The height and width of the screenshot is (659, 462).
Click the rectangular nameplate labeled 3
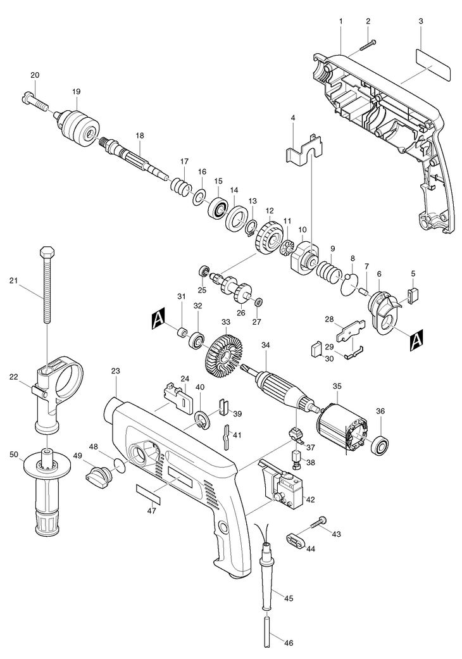[x=433, y=63]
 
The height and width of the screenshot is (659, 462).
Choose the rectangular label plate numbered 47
[x=149, y=493]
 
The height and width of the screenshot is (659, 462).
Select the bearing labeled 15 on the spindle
[x=218, y=208]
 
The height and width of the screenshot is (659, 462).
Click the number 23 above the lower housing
[x=116, y=371]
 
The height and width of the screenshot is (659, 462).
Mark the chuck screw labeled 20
[x=34, y=100]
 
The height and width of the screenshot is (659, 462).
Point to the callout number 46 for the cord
[x=288, y=643]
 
